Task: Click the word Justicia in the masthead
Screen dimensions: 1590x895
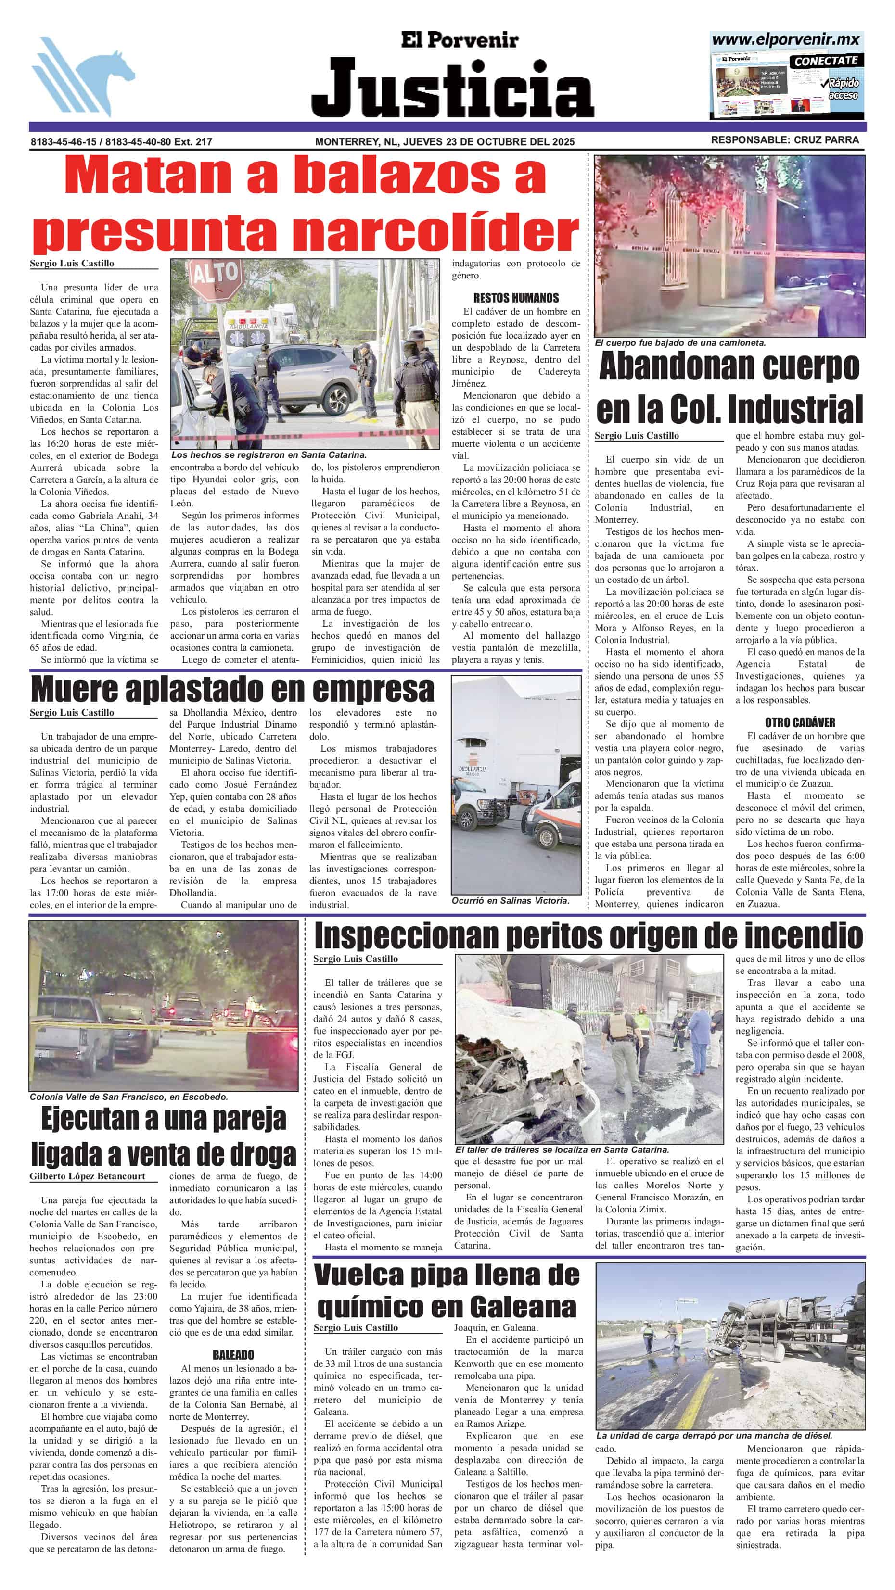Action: [x=452, y=88]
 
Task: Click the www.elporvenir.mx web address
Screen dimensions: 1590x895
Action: [x=786, y=40]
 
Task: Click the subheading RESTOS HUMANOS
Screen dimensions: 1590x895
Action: [x=516, y=298]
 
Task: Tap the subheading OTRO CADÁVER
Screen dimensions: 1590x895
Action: [x=800, y=722]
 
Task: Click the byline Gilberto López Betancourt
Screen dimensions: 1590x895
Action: [x=87, y=1176]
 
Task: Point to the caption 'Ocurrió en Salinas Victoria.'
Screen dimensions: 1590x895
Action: [x=510, y=900]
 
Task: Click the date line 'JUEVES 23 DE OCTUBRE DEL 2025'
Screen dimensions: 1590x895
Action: [x=488, y=141]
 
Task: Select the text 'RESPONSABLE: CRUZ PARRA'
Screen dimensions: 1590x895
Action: [x=784, y=140]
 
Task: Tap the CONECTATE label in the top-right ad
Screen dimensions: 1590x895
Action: [x=825, y=61]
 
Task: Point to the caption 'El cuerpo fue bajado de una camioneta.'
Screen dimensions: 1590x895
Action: [x=680, y=342]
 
